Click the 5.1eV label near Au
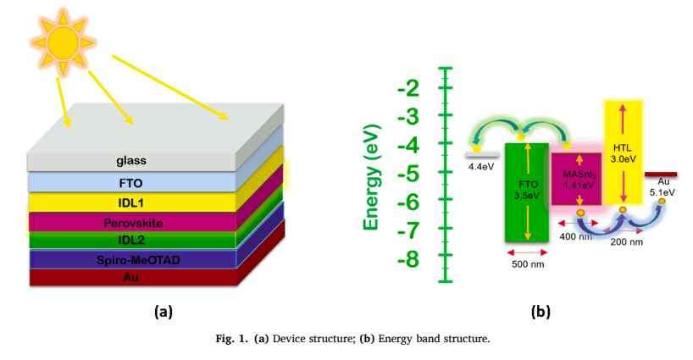click(663, 192)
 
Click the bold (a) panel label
click(161, 311)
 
